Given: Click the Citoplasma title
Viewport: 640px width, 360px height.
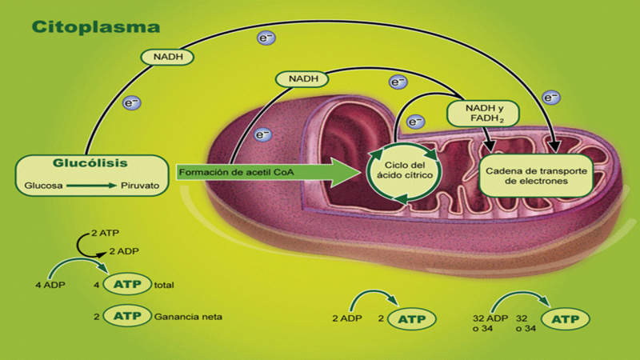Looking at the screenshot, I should (x=96, y=26).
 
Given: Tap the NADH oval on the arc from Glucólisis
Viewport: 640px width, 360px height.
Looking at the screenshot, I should (x=169, y=57).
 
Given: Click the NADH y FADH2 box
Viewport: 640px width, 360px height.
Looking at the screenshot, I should (x=482, y=113).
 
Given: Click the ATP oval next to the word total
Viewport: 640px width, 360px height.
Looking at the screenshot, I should (x=130, y=284).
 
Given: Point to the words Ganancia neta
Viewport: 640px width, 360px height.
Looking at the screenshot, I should (x=189, y=317).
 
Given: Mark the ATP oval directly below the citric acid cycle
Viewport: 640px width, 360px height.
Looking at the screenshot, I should (x=413, y=318).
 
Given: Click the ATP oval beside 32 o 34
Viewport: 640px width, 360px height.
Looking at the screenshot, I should (x=566, y=318).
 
